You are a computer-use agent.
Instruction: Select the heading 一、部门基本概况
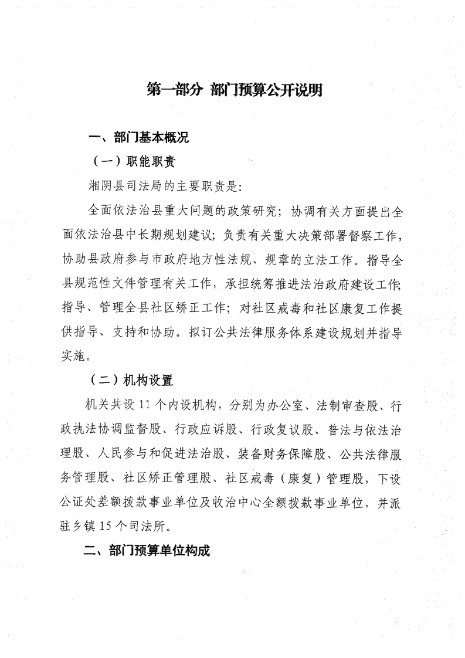point(137,139)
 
